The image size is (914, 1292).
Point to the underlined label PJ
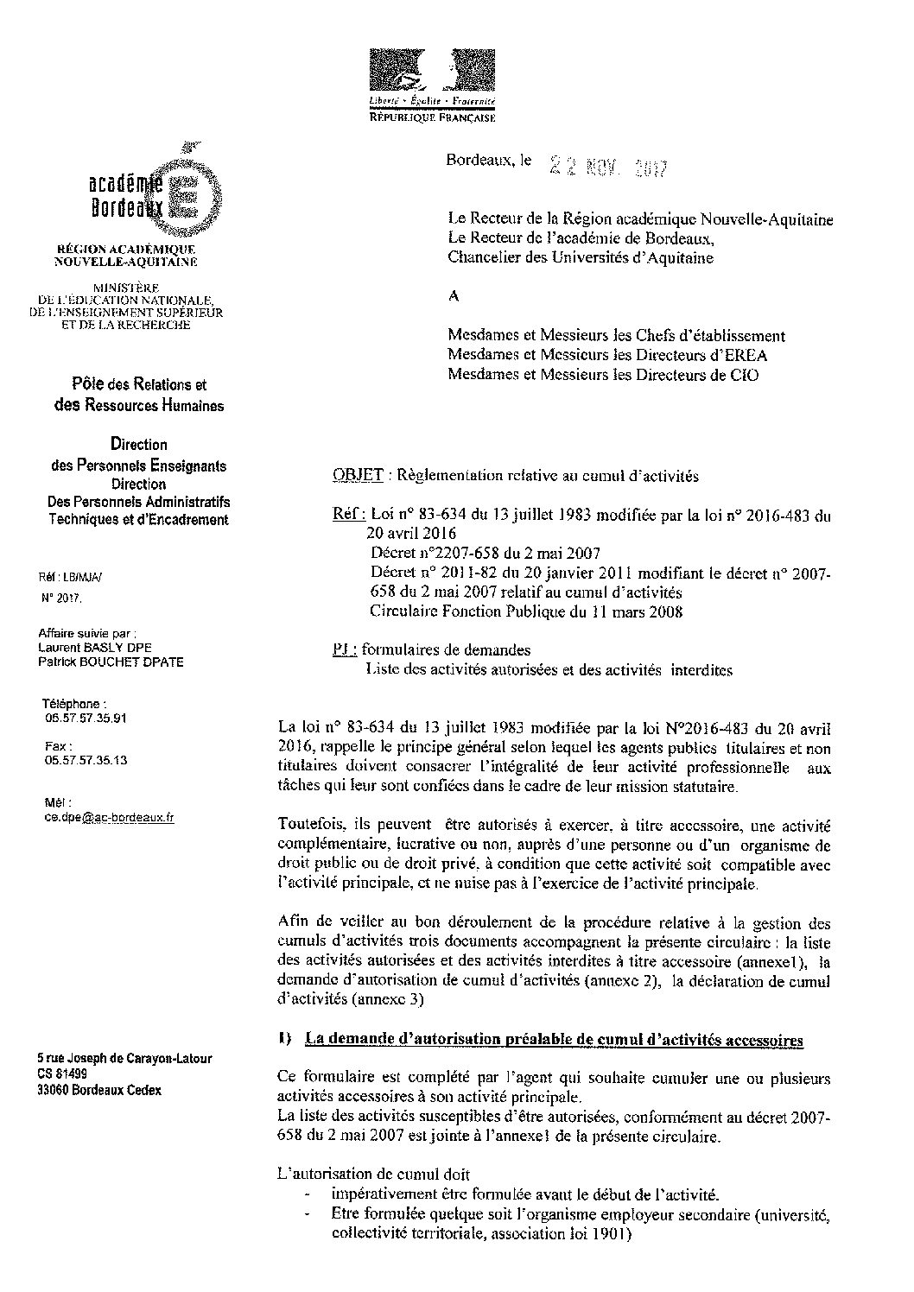(x=343, y=649)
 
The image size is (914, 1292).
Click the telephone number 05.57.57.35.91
(x=86, y=718)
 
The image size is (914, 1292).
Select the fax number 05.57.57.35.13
(x=86, y=760)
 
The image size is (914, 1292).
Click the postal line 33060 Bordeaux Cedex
(x=99, y=1090)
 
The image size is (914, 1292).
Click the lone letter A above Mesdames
(x=454, y=295)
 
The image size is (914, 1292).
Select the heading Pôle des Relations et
(x=139, y=385)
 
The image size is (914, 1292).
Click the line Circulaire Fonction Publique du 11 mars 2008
(x=526, y=611)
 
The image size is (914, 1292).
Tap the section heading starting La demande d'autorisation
(x=555, y=1041)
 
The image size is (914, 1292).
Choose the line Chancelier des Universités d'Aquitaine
(x=581, y=256)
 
